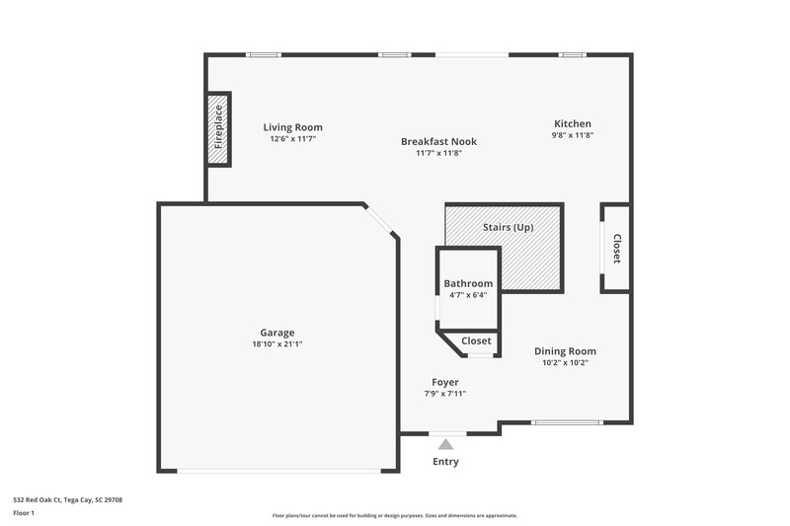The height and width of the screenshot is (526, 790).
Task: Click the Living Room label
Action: coord(292,127)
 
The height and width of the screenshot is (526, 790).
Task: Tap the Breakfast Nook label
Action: coord(432,141)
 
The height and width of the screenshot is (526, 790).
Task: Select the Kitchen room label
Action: coord(572,122)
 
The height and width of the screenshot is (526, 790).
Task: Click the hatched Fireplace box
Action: coord(218,129)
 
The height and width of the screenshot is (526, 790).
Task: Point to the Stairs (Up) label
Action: coord(508,227)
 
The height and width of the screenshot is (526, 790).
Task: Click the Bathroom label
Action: coord(467,283)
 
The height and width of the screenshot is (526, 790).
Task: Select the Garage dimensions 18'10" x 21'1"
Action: coord(276,345)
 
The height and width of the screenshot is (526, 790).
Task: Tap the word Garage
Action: coord(276,333)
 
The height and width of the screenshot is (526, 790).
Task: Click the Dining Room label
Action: coord(565,350)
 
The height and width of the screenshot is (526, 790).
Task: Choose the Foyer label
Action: coord(444,382)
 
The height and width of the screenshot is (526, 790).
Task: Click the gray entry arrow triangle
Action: coord(445,445)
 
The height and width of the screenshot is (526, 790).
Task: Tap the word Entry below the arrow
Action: coord(444,461)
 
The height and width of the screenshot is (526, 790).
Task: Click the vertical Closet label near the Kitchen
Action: coord(616,248)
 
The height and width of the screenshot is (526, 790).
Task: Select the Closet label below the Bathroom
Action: coord(476,340)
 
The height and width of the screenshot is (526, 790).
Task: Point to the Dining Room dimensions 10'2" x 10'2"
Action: coord(565,363)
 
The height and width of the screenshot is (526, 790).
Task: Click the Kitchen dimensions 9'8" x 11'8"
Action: coord(572,135)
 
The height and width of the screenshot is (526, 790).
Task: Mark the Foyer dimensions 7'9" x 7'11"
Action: coord(444,394)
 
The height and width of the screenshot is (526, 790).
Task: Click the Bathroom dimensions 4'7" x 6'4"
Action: coord(467,295)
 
